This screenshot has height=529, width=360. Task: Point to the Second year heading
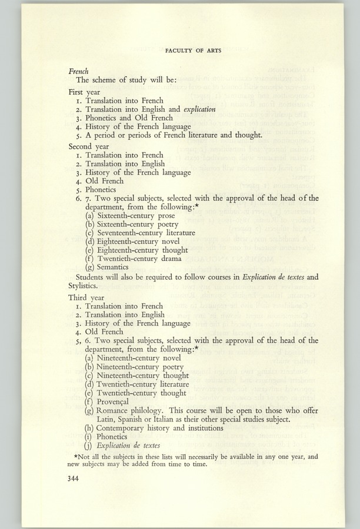coord(88,146)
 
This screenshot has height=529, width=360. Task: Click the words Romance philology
coord(129,410)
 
